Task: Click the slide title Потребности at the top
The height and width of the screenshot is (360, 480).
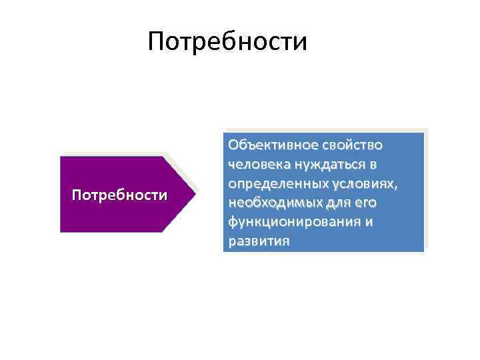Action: point(227,41)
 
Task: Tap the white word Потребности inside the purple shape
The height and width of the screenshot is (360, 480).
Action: point(119,195)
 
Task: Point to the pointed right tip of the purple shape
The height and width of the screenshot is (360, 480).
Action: point(198,194)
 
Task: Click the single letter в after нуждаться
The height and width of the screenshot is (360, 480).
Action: point(373,164)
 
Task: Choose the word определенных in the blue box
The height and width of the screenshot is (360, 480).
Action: point(277,183)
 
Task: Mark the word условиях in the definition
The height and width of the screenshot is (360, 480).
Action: point(363,183)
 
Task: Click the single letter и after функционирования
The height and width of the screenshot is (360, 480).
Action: point(369,222)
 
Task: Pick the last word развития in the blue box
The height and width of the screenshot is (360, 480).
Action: point(258,241)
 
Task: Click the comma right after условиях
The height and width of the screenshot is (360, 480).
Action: point(397,187)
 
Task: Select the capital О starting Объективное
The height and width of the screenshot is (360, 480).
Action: point(233,145)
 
